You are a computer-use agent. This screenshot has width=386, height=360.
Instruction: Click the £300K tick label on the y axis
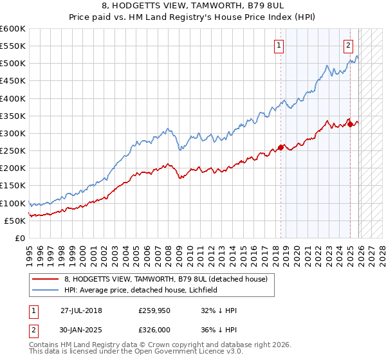[x=13, y=133]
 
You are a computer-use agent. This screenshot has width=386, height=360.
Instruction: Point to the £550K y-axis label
[x=13, y=46]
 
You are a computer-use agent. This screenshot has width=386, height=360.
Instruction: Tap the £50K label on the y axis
[x=15, y=221]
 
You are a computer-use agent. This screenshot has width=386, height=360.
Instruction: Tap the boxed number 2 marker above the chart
[x=348, y=45]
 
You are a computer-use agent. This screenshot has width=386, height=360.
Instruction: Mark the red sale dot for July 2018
[x=280, y=147]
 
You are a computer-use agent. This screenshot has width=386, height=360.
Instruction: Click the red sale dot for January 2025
[x=350, y=124]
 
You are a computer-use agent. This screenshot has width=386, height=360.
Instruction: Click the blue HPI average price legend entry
[x=141, y=290]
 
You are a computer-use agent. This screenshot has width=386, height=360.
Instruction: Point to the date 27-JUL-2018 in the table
[x=81, y=310]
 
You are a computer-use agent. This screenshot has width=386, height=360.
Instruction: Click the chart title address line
[x=193, y=7]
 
